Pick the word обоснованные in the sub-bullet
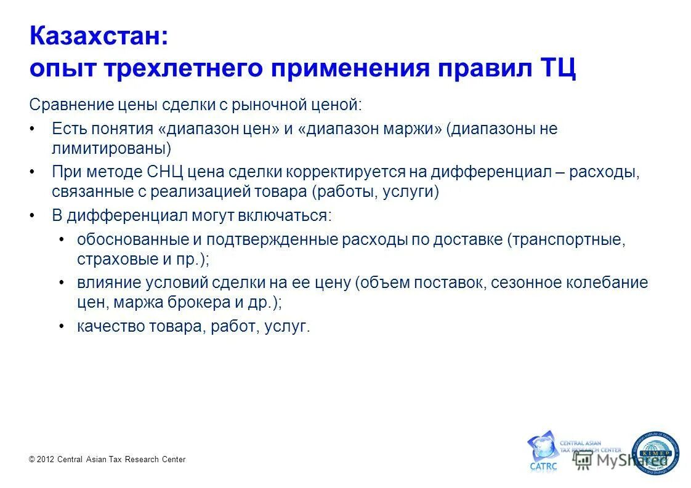130,240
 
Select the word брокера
201,303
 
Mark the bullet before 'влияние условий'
62,283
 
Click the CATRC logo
542,452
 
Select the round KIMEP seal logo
657,454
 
